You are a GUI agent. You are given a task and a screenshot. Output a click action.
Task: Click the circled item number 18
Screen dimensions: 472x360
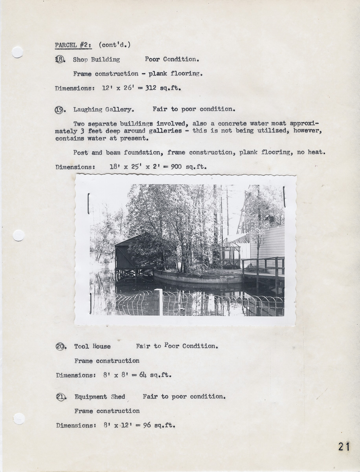(x=59, y=59)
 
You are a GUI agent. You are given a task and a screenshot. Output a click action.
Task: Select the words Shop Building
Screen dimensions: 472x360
(x=96, y=60)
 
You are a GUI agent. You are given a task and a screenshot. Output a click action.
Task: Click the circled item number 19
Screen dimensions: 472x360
(x=59, y=110)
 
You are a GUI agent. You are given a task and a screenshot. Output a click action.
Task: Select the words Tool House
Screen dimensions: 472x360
(x=92, y=347)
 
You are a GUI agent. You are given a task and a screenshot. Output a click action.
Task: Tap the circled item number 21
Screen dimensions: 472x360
(x=61, y=397)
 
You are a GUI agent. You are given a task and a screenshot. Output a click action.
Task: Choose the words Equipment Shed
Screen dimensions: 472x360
(x=100, y=397)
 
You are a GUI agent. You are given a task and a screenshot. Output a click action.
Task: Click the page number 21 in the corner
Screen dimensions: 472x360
(x=343, y=446)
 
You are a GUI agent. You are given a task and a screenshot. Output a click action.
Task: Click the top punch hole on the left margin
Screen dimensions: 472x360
(x=17, y=52)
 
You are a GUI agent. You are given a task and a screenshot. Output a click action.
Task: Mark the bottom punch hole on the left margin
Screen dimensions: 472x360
(x=19, y=419)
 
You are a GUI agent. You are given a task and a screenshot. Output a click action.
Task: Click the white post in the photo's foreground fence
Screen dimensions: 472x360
(x=159, y=302)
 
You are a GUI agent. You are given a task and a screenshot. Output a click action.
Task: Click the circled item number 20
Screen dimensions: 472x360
(x=61, y=347)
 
